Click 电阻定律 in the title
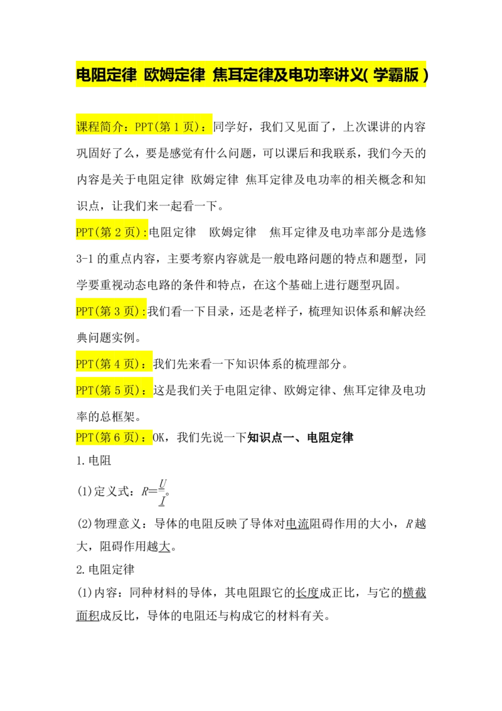(106, 76)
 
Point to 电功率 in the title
(311, 76)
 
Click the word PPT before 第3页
(84, 312)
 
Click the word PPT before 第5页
(84, 391)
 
